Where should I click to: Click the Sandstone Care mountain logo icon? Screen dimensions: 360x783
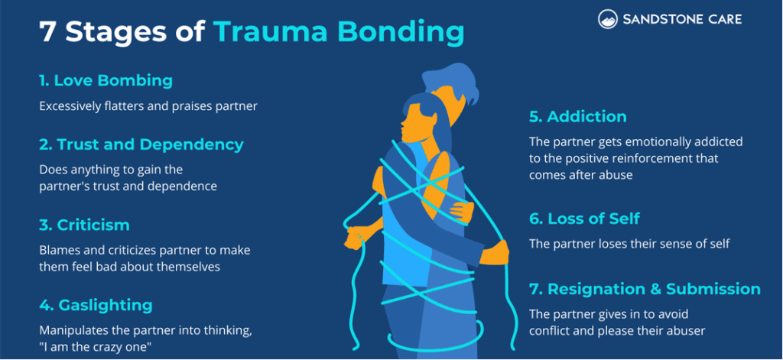609,19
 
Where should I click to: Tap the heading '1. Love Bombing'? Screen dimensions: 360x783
106,80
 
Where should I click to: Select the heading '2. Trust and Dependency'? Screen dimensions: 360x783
141,144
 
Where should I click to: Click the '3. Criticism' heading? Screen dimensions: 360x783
84,225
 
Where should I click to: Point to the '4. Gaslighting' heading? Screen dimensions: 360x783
96,305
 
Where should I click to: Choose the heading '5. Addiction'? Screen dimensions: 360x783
577,117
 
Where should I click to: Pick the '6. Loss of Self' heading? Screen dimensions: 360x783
584,219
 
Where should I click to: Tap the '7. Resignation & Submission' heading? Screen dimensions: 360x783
645,289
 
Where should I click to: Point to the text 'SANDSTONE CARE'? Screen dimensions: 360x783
681,19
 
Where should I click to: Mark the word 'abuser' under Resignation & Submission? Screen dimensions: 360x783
684,331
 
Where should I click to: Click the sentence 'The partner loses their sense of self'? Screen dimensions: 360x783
629,244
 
